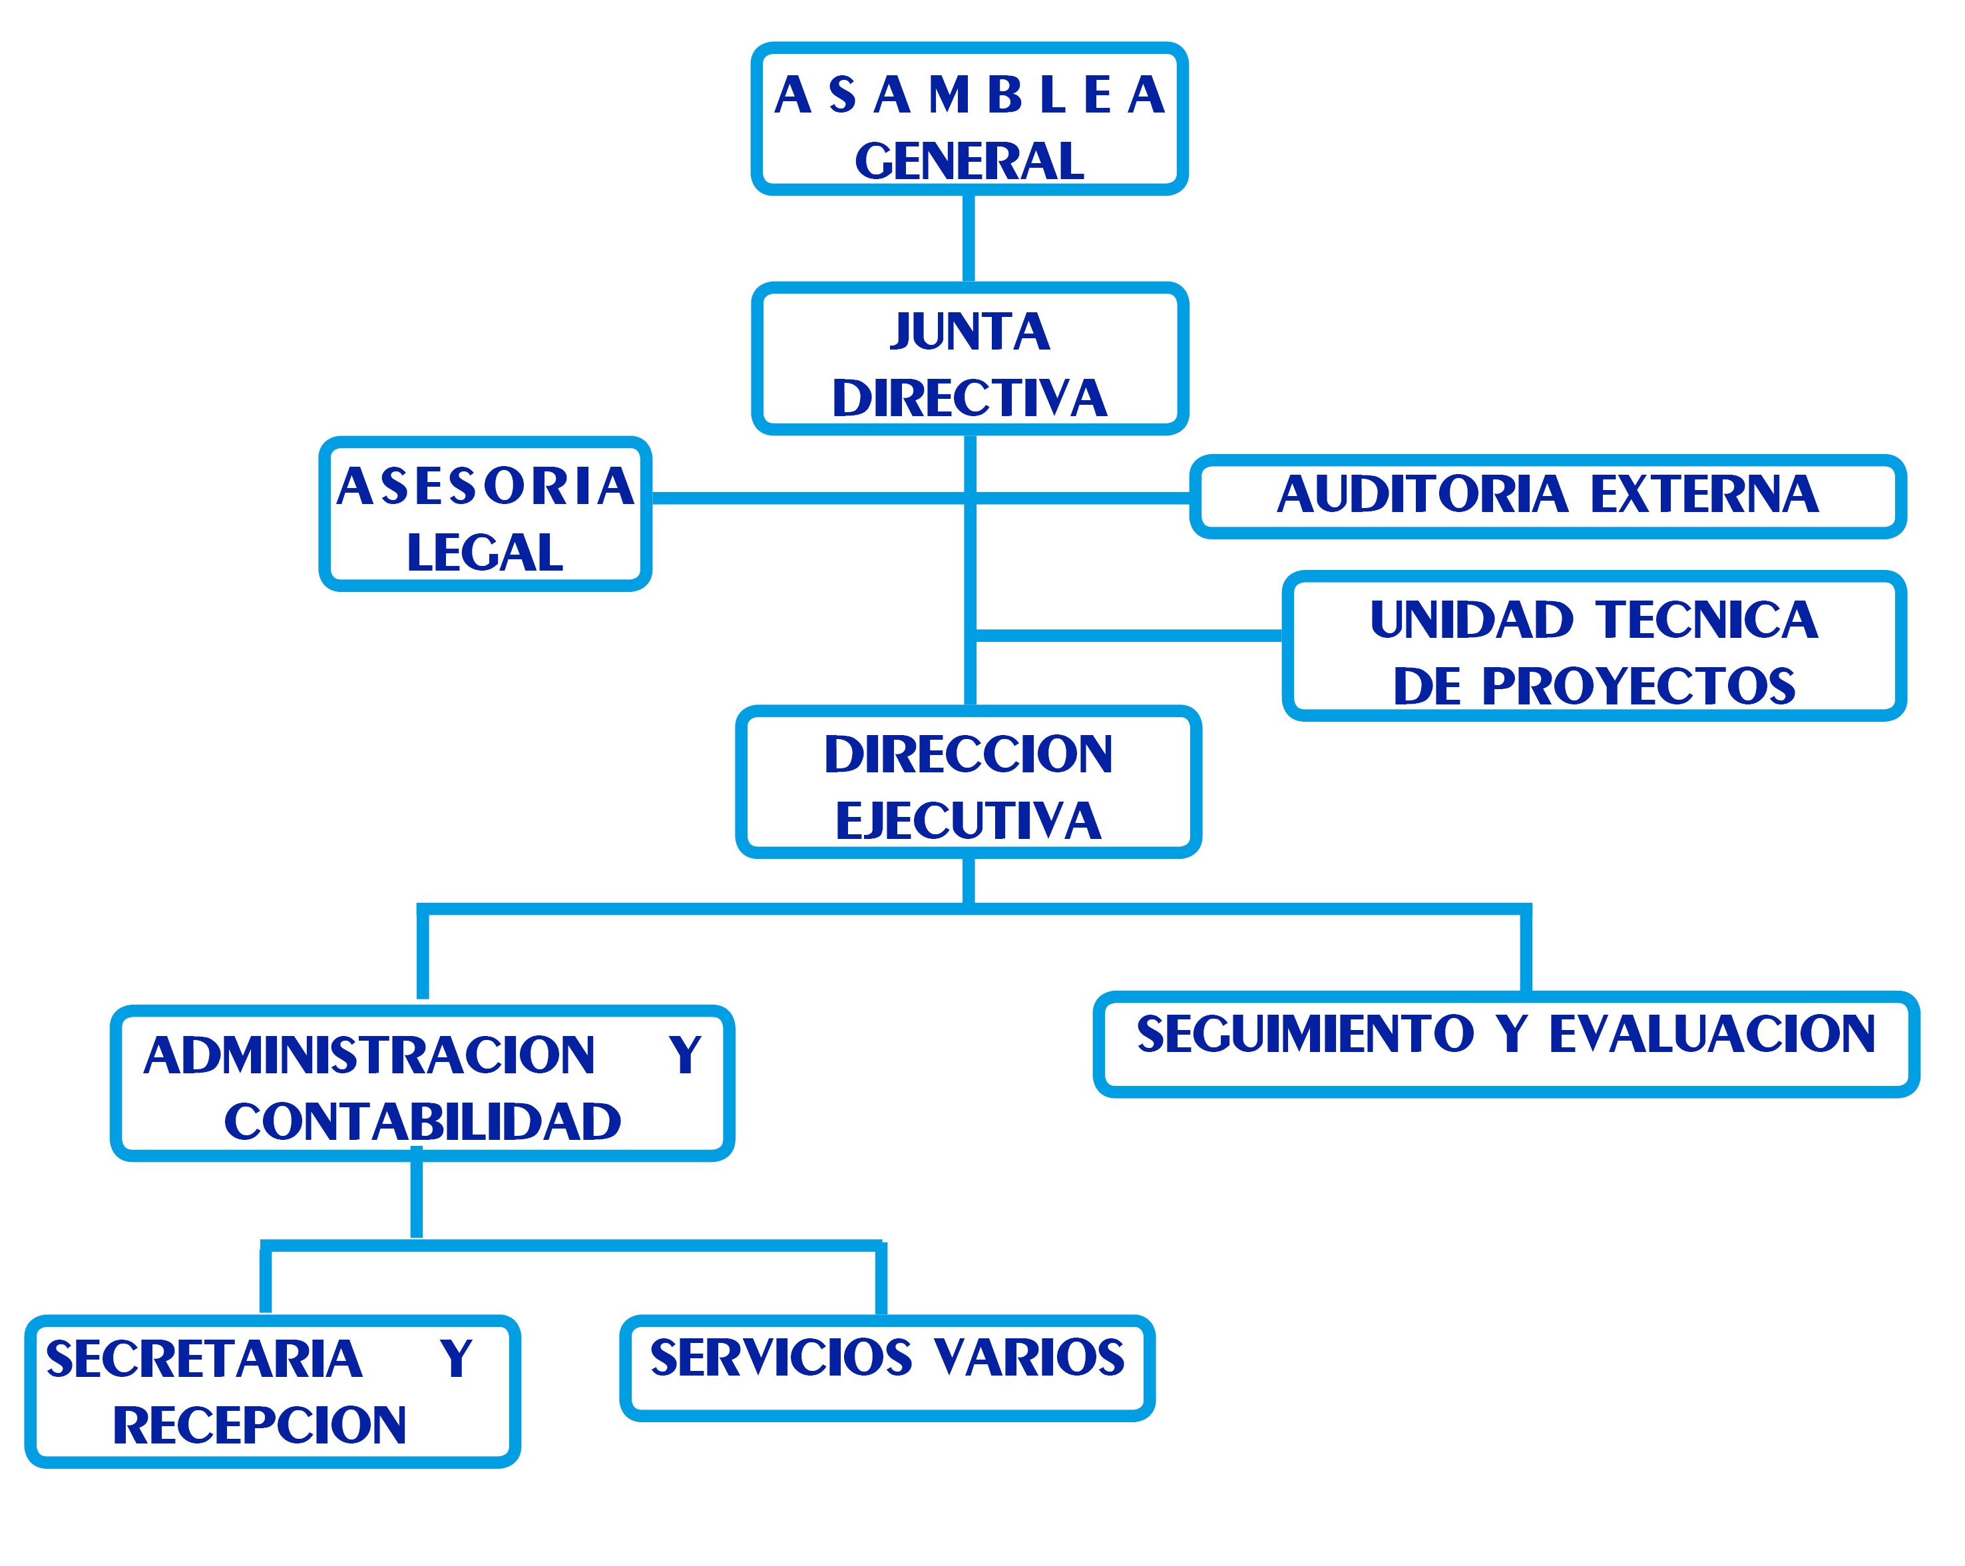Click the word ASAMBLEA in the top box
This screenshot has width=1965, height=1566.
click(969, 95)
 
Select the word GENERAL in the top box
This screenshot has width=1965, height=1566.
click(969, 161)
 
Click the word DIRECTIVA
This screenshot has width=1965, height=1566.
click(969, 398)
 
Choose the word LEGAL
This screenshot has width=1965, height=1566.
click(485, 553)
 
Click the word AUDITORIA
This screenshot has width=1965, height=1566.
click(1422, 494)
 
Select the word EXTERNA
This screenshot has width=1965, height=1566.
click(1704, 494)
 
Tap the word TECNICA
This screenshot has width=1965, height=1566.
click(1707, 620)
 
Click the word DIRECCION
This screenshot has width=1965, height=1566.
click(968, 755)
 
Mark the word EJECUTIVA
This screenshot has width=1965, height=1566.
click(968, 820)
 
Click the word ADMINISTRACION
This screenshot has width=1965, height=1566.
click(369, 1055)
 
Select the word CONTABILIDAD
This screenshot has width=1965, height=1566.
click(422, 1121)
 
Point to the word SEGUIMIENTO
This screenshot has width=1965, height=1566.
click(1305, 1033)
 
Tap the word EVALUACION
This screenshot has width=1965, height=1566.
click(1711, 1033)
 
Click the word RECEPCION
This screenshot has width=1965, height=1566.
click(259, 1426)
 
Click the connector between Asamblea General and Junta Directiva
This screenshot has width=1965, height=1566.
click(969, 239)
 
